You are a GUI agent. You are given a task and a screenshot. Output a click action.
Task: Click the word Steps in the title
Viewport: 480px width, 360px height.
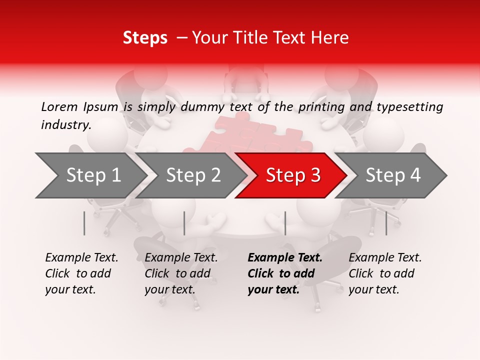[145, 38]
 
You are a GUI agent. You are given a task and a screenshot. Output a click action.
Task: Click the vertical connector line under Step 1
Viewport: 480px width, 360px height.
[84, 223]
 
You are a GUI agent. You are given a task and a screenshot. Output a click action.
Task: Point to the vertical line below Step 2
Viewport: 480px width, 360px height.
[184, 223]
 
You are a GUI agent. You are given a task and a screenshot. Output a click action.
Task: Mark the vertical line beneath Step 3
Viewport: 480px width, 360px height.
[285, 223]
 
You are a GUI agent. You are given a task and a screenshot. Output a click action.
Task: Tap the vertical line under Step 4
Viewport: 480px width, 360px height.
[386, 223]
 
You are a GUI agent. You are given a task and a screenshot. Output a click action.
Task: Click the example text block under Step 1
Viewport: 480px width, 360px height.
[81, 273]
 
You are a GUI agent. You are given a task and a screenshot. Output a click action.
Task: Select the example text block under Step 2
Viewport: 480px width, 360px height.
[181, 273]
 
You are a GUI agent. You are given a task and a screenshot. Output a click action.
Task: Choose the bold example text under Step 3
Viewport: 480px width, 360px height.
[285, 273]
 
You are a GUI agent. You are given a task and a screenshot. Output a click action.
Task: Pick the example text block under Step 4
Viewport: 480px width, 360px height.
[385, 273]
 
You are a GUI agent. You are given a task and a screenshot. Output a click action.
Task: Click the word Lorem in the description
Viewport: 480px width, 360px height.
[59, 106]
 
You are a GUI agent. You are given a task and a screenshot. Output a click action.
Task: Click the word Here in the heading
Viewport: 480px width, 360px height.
[331, 38]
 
